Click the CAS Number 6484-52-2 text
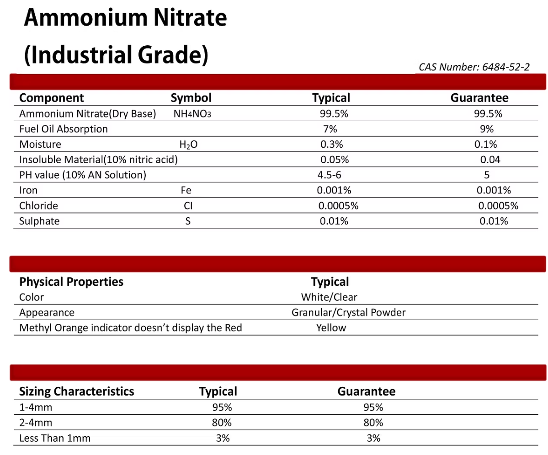[474, 67]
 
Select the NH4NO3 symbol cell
[192, 114]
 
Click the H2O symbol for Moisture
[189, 145]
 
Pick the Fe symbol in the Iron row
[186, 190]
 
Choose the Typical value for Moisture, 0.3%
[331, 145]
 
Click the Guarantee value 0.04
[490, 160]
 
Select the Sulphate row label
[39, 221]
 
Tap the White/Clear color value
[329, 297]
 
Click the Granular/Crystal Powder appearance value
[348, 313]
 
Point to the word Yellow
[331, 328]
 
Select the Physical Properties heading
[71, 282]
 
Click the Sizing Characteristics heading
[77, 391]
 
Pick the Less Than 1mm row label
[55, 438]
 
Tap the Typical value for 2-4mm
[222, 423]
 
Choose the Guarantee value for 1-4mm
[373, 407]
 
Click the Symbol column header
[191, 98]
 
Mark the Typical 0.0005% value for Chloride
[338, 206]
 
